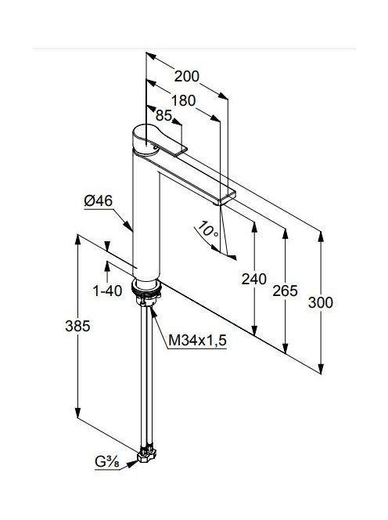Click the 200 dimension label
pos(187,77)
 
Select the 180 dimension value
pos(183,100)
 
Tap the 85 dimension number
pos(163,115)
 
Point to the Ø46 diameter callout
pos(98,201)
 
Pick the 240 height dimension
pos(253,279)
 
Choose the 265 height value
pos(285,291)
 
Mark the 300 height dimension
pos(321,302)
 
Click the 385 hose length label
pos(77,327)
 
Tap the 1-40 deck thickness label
pos(107,291)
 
